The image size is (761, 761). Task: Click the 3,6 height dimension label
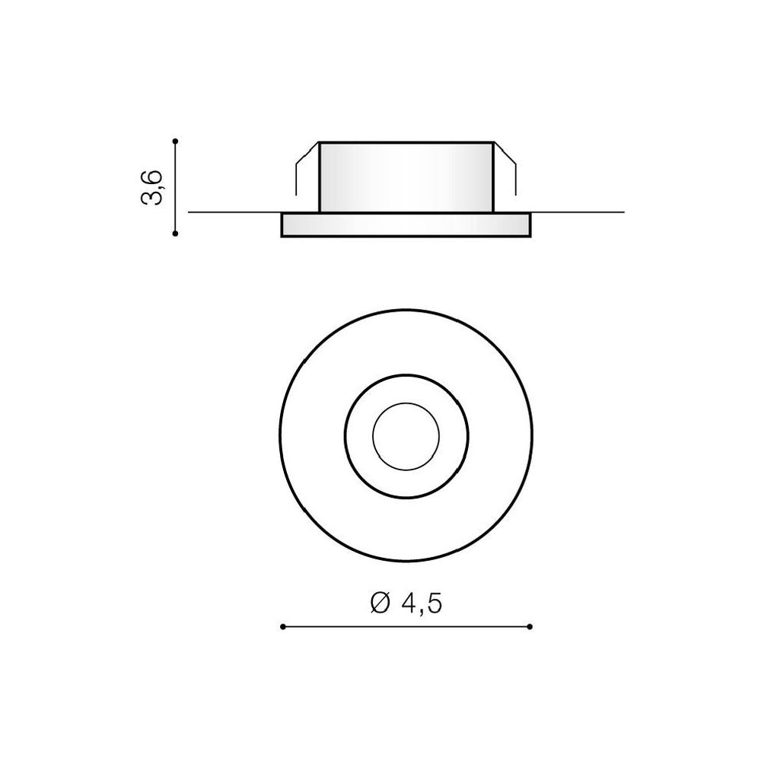(x=151, y=187)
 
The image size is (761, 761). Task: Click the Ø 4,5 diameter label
(x=406, y=603)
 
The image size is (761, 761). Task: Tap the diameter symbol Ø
(x=380, y=603)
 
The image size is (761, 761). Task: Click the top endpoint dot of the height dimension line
(x=176, y=142)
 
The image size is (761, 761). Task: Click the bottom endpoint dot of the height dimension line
(x=176, y=234)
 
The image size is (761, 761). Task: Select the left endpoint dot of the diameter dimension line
(x=283, y=626)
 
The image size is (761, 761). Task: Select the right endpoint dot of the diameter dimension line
(x=530, y=626)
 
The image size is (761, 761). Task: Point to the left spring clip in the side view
(x=306, y=167)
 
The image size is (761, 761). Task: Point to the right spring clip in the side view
(x=505, y=167)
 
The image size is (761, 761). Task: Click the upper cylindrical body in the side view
(x=406, y=177)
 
